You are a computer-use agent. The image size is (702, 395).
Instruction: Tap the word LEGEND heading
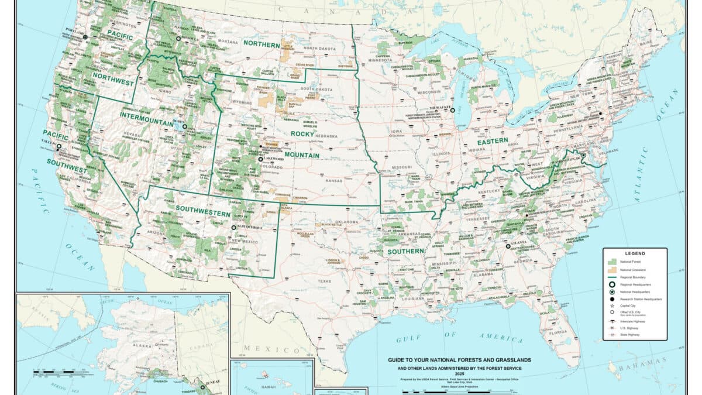pos(635,253)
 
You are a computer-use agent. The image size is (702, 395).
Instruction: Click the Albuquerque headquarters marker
pos(233,227)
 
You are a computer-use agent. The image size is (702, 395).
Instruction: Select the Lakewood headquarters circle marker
pos(261,159)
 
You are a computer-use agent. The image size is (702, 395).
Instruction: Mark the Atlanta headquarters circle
pos(508,246)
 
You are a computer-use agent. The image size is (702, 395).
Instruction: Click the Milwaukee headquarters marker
pos(452,110)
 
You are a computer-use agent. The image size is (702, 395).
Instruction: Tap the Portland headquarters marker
pos(85,37)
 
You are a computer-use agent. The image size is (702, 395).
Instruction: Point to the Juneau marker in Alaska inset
pos(203,386)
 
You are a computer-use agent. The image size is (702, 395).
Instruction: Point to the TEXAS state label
pos(324,280)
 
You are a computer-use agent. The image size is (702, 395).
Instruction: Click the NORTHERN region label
pos(263,43)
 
